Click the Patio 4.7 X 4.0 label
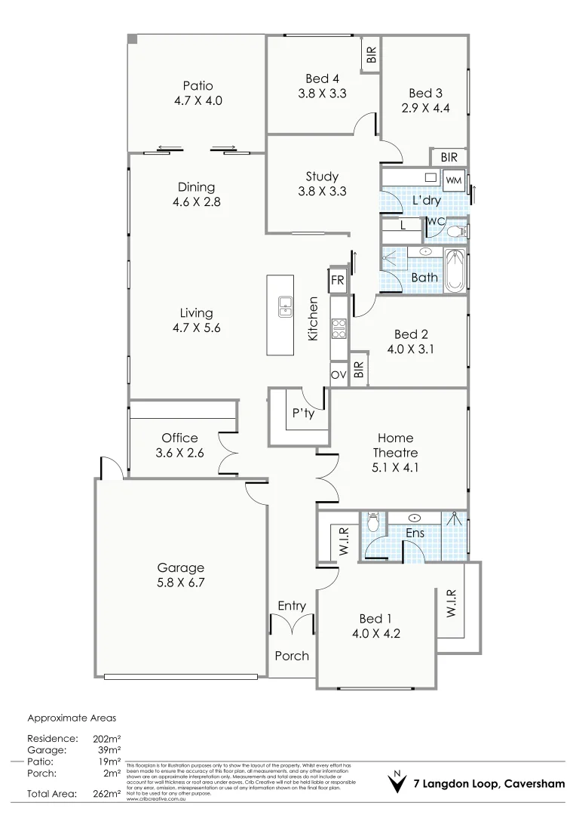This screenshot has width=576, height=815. point(198,93)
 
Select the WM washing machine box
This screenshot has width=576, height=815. point(453,180)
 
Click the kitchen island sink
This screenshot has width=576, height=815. point(285,306)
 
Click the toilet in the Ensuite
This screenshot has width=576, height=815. point(373,522)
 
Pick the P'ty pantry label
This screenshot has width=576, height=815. point(303,414)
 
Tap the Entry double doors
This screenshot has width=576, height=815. point(292,626)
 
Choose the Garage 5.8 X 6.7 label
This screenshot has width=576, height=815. point(180,576)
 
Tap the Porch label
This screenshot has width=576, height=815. point(292,656)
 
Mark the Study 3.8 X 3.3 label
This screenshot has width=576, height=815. point(322,184)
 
